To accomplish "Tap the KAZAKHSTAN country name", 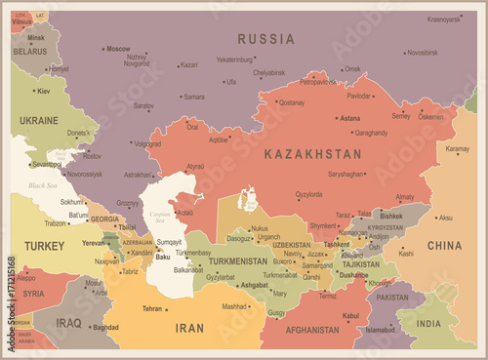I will [x=313, y=154].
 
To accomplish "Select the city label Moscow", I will [x=118, y=49].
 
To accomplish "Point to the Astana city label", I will [x=348, y=118].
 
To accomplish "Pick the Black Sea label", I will [x=43, y=184].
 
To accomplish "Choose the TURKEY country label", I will [x=44, y=246].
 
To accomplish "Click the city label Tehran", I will [x=152, y=308].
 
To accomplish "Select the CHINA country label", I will [x=444, y=245].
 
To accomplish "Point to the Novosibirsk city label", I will [x=422, y=53].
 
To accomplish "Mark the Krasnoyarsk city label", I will [x=443, y=19].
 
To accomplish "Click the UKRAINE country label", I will [x=39, y=120].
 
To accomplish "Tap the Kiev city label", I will [x=43, y=91].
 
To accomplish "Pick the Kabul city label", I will [x=351, y=315].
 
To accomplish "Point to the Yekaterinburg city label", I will [x=234, y=59].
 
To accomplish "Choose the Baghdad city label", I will [x=105, y=328].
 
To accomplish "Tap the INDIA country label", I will [x=428, y=323].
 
